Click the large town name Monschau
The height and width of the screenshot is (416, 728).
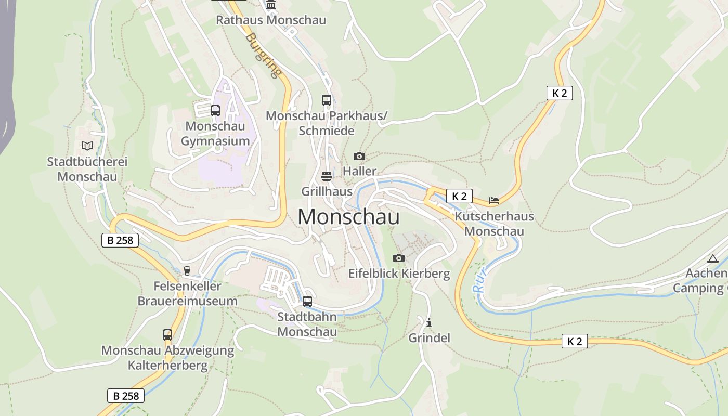point(348,216)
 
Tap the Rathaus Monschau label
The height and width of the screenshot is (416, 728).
point(271,20)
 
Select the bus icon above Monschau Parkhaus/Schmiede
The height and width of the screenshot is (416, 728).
point(327,100)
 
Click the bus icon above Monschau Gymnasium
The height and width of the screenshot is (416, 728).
point(215,110)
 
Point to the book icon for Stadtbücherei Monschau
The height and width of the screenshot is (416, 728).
point(87,146)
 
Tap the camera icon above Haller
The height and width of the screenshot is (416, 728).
point(359,156)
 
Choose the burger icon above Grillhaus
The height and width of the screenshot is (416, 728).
point(327,176)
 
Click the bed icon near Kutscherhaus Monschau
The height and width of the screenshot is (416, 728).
point(493,200)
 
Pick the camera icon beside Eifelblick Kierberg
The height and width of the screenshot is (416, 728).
point(398,258)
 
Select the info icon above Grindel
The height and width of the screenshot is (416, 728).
point(429,322)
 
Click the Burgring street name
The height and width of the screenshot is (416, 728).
point(264,55)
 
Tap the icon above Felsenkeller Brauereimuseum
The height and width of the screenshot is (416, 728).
point(187,271)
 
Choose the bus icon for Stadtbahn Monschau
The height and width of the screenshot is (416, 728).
point(307,301)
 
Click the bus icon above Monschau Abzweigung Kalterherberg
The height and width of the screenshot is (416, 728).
point(167,335)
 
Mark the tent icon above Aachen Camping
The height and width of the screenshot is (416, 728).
point(712,258)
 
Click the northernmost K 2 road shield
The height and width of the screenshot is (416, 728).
point(560,93)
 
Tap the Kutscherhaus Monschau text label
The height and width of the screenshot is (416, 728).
point(494,224)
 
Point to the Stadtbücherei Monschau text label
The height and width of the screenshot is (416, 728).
point(87,169)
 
